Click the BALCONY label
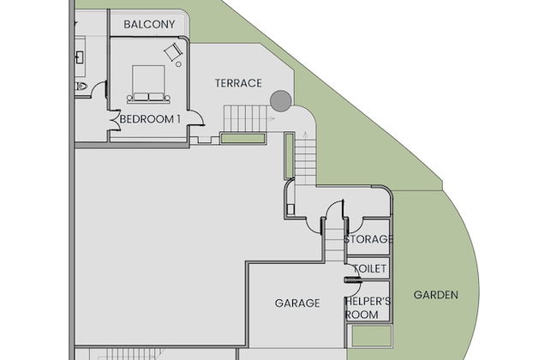(149, 25)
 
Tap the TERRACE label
(238, 83)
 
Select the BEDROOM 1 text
(150, 119)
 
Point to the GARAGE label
(297, 303)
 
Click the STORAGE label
(368, 239)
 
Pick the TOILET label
(370, 268)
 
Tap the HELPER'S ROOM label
(368, 308)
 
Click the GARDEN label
(436, 295)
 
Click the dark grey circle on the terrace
(280, 101)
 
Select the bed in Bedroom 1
(148, 84)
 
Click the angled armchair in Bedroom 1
(173, 52)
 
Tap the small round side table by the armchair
(179, 64)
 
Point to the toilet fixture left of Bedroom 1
(81, 86)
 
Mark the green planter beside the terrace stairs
(243, 138)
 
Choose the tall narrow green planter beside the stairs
(289, 156)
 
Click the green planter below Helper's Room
(372, 336)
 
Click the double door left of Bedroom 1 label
(115, 120)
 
